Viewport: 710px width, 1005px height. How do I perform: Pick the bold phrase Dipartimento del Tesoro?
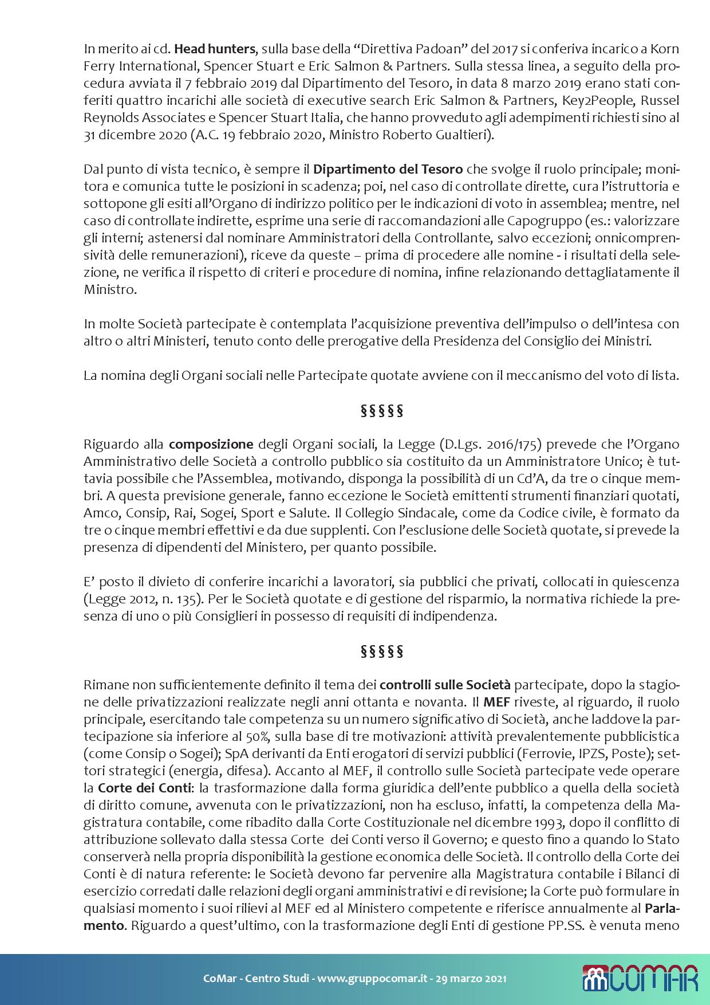coord(388,169)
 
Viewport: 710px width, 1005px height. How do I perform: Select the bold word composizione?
coord(211,443)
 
